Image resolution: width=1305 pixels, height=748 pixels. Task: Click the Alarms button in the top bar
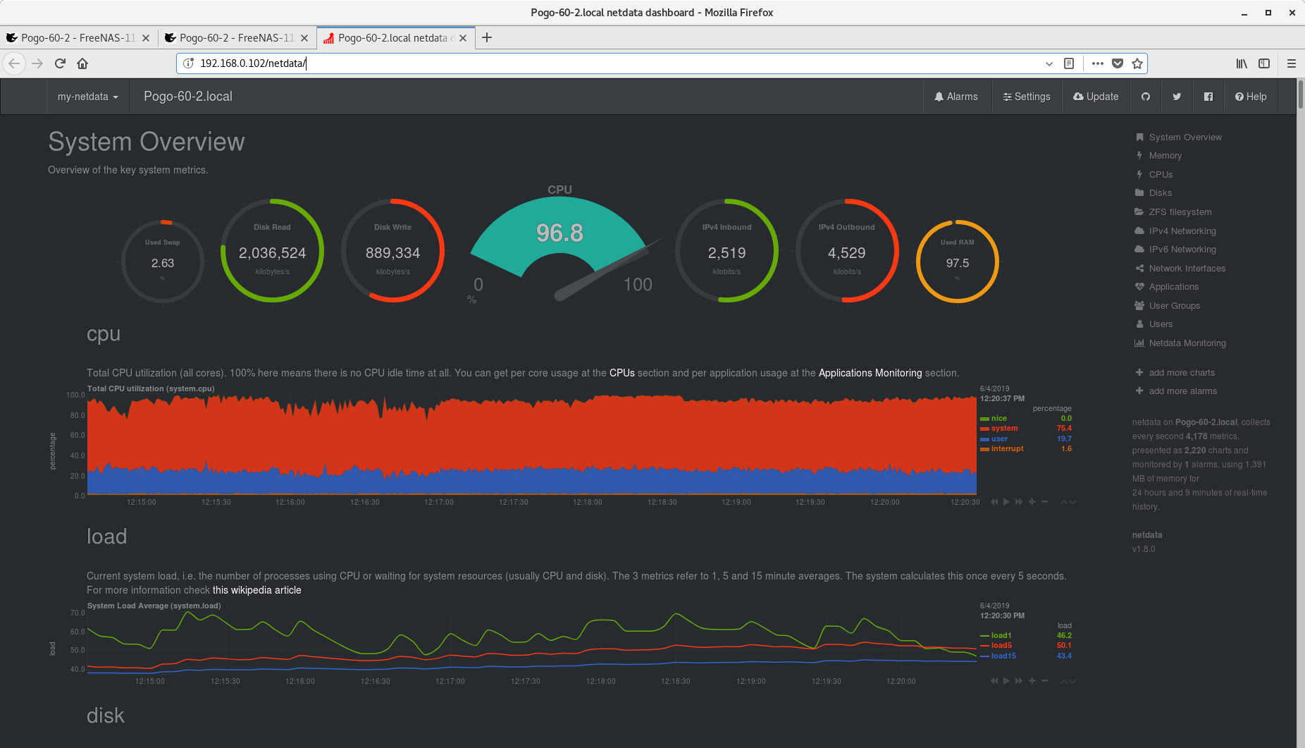956,97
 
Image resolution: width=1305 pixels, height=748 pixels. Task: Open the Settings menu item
1027,97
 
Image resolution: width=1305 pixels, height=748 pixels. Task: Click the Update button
1096,97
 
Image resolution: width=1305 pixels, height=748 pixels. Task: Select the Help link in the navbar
1251,97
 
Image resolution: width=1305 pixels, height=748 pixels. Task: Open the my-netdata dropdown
88,97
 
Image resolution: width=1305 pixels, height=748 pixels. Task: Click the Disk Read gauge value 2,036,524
273,253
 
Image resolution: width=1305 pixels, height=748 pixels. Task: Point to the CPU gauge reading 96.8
559,233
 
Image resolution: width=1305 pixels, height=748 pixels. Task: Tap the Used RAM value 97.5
958,263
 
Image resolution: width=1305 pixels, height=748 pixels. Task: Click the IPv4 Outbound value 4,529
847,253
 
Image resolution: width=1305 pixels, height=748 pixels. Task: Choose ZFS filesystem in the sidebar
1180,212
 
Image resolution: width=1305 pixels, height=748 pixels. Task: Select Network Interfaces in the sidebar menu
1187,269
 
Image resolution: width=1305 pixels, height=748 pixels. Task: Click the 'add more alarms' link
1183,391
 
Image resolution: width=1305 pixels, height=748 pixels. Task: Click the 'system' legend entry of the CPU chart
1004,429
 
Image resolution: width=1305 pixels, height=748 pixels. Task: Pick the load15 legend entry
1003,656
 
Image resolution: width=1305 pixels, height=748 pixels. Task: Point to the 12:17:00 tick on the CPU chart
439,503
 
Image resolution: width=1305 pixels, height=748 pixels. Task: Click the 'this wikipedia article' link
257,590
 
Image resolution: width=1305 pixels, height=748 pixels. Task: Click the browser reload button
60,63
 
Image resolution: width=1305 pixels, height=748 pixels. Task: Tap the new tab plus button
487,38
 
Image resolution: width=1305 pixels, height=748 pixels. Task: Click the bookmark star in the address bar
1137,63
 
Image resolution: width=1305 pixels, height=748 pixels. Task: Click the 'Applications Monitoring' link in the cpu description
870,373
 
